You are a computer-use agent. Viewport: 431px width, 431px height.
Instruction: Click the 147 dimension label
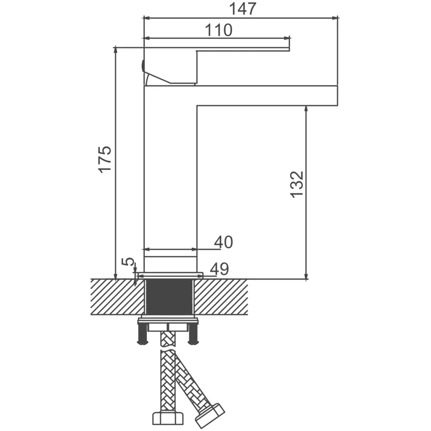(x=243, y=9)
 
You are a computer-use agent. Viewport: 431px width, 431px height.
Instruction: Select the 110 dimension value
(x=219, y=30)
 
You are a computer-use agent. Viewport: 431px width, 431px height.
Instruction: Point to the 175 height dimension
(x=105, y=159)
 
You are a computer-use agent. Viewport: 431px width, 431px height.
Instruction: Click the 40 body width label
(x=223, y=242)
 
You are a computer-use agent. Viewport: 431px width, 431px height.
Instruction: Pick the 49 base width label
(x=219, y=269)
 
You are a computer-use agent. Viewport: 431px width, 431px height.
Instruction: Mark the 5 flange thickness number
(x=128, y=262)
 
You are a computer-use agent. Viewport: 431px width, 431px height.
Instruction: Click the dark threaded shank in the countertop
(x=169, y=297)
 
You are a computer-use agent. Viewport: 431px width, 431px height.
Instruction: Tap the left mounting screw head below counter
(x=143, y=342)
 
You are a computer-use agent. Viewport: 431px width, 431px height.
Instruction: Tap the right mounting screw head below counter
(x=193, y=342)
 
